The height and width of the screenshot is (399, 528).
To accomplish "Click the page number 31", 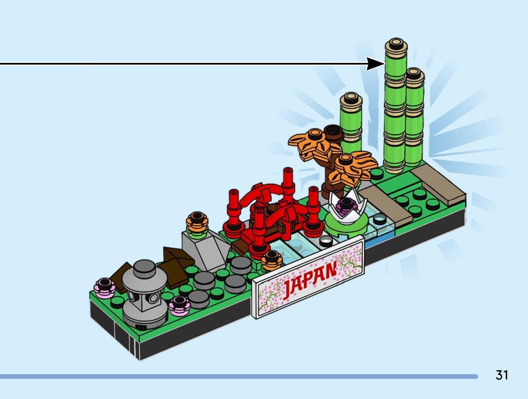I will (502, 375).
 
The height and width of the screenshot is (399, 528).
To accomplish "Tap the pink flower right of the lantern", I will (179, 304).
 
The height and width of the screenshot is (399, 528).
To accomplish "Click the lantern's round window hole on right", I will (154, 299).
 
